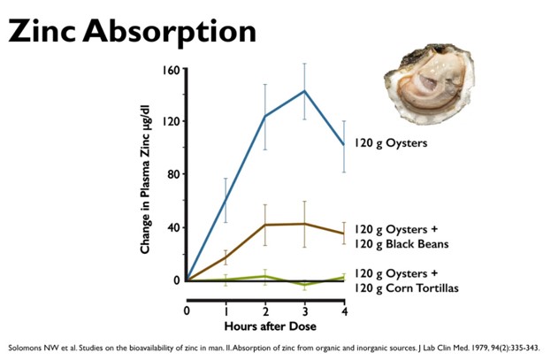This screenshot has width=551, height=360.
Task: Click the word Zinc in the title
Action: tap(42, 31)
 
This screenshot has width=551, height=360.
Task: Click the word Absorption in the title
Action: tap(170, 33)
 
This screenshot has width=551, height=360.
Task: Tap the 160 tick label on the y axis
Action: tap(171, 70)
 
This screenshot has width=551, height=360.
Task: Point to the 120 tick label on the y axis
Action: tap(171, 122)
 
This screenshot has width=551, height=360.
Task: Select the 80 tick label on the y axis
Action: tap(173, 175)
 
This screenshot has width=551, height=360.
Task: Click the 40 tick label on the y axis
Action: tap(173, 227)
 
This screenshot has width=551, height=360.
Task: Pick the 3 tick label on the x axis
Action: tap(304, 311)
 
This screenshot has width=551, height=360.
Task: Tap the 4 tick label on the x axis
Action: tap(344, 311)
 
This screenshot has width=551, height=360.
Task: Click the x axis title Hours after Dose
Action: tap(270, 326)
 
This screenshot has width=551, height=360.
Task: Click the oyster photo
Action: tap(430, 84)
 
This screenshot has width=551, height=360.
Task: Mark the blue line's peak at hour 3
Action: tap(304, 91)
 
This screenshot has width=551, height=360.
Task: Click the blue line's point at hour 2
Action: tap(265, 116)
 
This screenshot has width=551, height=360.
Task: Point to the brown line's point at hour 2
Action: tap(265, 225)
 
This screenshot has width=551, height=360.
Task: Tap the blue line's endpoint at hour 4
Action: tap(344, 144)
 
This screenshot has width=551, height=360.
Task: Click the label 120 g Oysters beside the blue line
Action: tap(390, 143)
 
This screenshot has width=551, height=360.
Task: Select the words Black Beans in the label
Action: tap(417, 243)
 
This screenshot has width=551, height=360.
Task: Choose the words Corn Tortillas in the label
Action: tap(422, 288)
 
